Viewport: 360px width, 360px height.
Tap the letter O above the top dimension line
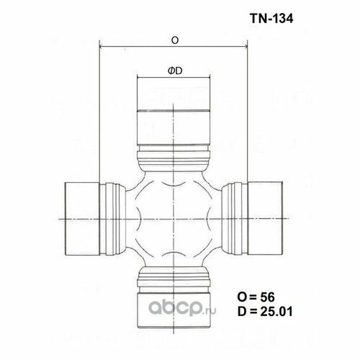click(x=174, y=42)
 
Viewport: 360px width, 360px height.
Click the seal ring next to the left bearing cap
click(x=112, y=217)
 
